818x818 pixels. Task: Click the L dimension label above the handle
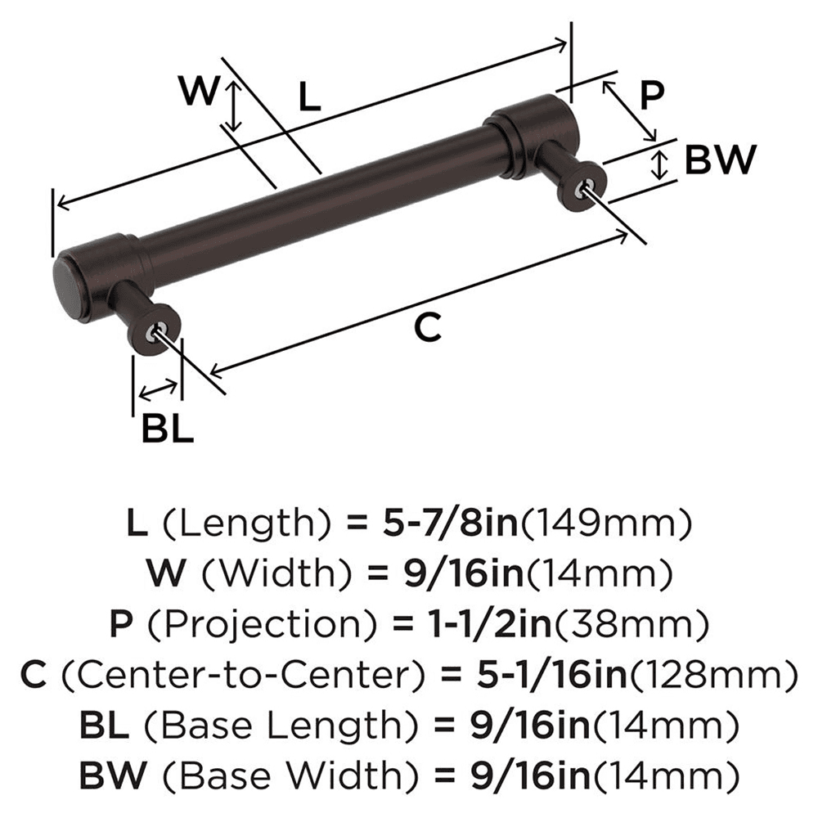308,98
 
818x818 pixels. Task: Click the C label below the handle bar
427,328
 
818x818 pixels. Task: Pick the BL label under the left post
168,428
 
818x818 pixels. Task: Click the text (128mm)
712,675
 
